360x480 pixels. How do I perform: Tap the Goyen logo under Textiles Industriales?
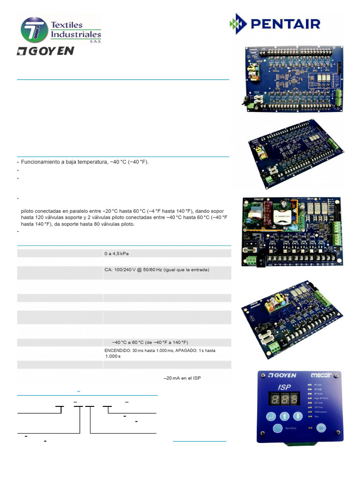tap(45, 51)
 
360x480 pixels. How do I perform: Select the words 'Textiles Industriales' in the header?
tap(75, 30)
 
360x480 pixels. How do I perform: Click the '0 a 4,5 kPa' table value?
tap(116, 254)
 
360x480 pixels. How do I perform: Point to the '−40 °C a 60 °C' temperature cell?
tap(150, 342)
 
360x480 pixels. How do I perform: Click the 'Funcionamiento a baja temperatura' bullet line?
tap(84, 162)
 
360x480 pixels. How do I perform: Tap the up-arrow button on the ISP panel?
tap(285, 416)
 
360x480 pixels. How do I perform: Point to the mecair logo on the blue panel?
tap(321, 375)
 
